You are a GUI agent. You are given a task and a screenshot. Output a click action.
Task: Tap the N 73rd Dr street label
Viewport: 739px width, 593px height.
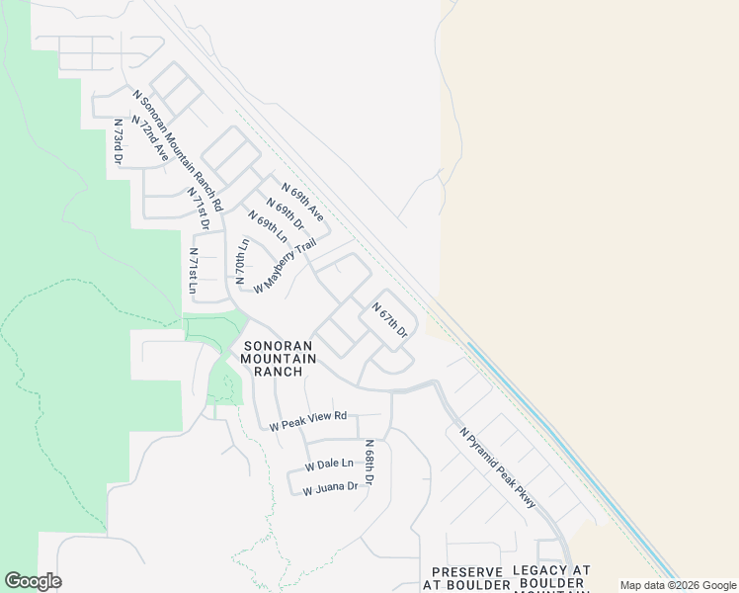118,140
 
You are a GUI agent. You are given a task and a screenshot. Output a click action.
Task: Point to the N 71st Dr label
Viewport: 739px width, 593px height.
200,209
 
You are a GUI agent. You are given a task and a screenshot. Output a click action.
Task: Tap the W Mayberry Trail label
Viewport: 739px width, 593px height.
285,266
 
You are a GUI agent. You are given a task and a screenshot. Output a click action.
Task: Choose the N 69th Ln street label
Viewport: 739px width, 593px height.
267,228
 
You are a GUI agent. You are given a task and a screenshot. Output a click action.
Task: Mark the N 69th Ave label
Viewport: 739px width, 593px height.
302,201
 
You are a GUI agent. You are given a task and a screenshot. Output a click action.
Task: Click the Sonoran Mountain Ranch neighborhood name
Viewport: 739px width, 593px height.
280,359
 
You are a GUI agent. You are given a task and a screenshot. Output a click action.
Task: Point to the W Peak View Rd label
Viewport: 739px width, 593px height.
308,422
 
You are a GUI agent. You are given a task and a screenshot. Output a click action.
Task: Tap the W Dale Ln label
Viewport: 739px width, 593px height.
329,464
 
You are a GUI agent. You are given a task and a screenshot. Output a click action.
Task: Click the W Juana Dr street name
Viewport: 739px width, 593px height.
330,487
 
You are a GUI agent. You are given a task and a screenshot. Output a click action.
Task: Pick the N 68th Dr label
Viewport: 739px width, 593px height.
369,463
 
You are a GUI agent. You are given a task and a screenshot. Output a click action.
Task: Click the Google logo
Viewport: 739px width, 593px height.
33,581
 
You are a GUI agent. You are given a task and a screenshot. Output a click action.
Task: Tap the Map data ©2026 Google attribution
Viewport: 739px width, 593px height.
678,585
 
